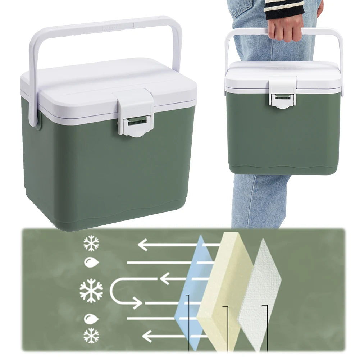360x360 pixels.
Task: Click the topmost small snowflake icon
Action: click(x=91, y=243)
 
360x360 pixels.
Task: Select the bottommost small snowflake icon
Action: click(x=91, y=336)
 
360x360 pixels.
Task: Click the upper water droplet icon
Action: click(x=91, y=262)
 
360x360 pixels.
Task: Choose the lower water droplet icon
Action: click(x=91, y=318)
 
